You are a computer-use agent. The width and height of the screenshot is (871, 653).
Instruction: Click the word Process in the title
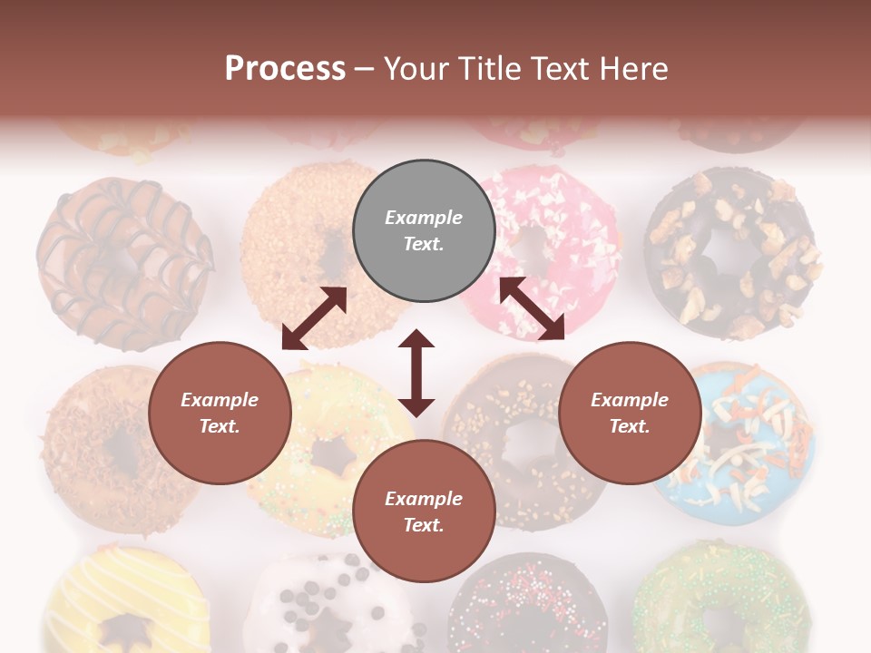point(285,69)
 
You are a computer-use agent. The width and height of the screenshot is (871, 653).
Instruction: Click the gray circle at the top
point(424,231)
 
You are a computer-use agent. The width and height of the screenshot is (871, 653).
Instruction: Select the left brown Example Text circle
point(220,414)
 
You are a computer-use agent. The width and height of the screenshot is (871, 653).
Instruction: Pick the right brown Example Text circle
point(630,414)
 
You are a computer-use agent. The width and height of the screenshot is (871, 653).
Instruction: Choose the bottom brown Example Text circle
point(424,512)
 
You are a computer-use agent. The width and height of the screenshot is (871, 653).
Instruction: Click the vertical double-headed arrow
point(416,373)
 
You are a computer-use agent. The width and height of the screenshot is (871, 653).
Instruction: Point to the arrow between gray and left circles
point(314,318)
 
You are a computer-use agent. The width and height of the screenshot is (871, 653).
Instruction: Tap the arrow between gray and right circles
point(532,308)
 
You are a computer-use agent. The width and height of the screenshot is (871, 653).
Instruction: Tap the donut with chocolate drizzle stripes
point(122,263)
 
